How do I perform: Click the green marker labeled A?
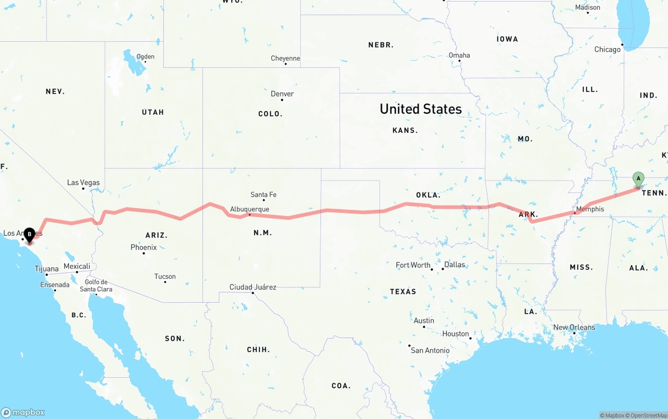click(x=638, y=179)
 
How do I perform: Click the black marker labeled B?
click(x=30, y=235)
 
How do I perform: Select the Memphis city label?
click(x=590, y=209)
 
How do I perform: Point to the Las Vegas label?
click(x=83, y=183)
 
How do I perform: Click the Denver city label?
click(x=282, y=94)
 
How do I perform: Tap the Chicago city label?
click(x=607, y=50)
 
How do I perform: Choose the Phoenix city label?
click(x=144, y=247)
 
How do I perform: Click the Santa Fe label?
click(x=263, y=195)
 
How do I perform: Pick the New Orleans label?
click(x=574, y=327)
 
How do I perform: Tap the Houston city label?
click(x=456, y=333)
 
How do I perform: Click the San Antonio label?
click(x=430, y=350)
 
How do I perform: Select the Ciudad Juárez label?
click(x=253, y=287)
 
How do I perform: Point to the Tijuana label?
click(x=46, y=269)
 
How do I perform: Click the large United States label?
click(x=421, y=109)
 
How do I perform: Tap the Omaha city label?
click(x=459, y=55)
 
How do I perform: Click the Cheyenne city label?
click(x=285, y=58)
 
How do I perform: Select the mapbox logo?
click(x=23, y=412)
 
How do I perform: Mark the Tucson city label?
click(x=165, y=277)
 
